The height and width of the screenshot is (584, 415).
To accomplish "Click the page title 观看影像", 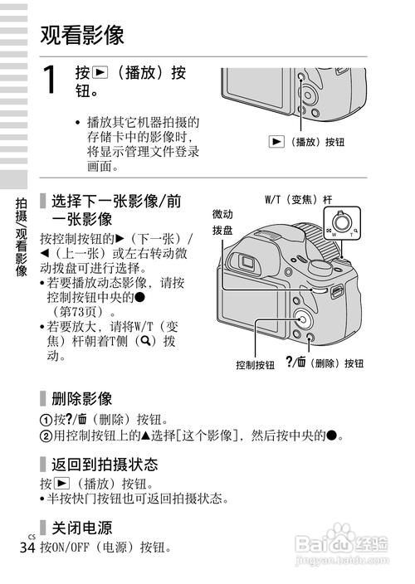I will pyautogui.click(x=82, y=34).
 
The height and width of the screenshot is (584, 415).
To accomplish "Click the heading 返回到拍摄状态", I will pyautogui.click(x=105, y=464).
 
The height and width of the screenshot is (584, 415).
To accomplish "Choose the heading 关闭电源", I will pyautogui.click(x=81, y=528).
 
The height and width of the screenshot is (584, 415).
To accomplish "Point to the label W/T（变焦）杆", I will pyautogui.click(x=298, y=200).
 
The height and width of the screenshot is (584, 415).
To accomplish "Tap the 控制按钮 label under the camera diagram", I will pyautogui.click(x=255, y=364).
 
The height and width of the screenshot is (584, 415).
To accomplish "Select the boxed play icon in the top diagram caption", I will pyautogui.click(x=277, y=142).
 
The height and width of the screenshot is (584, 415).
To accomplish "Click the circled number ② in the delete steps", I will pyautogui.click(x=45, y=436).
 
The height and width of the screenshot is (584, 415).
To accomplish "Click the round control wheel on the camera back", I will pyautogui.click(x=300, y=319).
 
